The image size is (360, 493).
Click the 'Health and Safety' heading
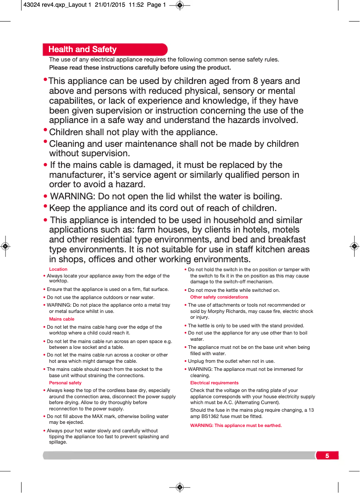(x=83, y=49)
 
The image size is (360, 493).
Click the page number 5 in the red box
(x=327, y=456)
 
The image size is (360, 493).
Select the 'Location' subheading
(x=58, y=269)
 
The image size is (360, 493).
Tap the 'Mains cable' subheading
(x=62, y=319)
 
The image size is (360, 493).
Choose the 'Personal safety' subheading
(x=66, y=383)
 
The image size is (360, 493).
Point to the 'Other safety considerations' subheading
(x=219, y=297)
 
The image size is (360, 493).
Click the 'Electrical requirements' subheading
(x=215, y=383)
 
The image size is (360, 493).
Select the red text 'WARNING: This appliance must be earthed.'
(x=236, y=426)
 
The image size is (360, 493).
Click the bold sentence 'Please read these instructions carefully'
(x=140, y=68)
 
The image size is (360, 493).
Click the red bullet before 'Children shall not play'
(x=45, y=130)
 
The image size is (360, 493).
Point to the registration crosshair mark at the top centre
(x=180, y=5)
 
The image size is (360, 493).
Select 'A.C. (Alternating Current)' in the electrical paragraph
(x=251, y=403)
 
